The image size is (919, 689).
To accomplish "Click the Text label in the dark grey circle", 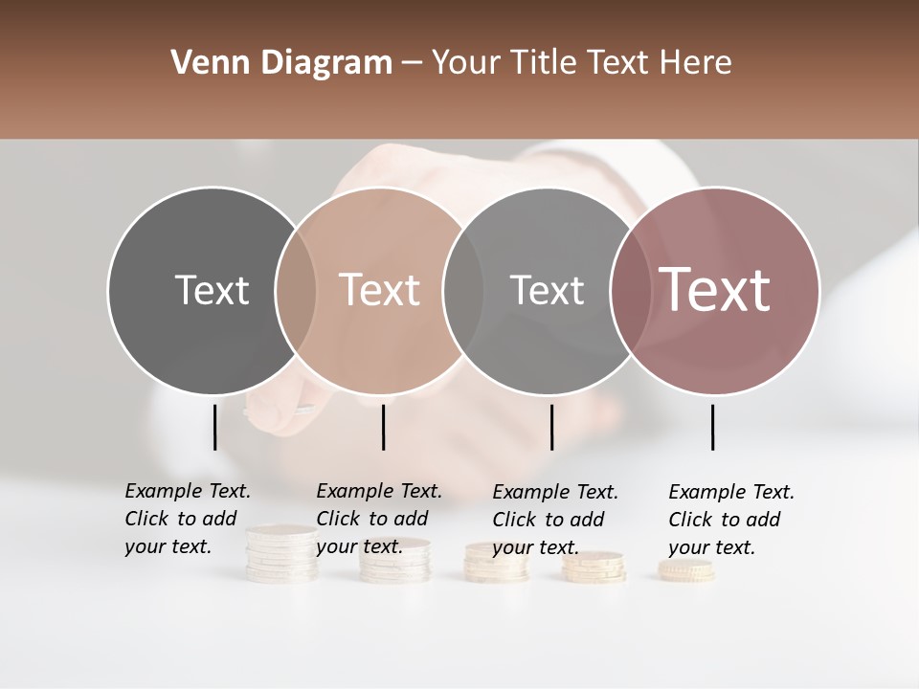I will [x=212, y=290].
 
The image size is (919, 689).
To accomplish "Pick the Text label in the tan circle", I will [x=379, y=290].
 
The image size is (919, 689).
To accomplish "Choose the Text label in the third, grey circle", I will [x=547, y=290].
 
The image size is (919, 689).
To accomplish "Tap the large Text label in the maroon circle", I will [x=715, y=289].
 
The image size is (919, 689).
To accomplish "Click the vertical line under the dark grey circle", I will [x=214, y=427].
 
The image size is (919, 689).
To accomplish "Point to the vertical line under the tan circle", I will [x=383, y=427].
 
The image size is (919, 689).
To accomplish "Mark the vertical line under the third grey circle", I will [x=551, y=427].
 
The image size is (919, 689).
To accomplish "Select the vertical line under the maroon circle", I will [x=712, y=427].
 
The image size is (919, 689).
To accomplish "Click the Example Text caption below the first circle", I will [x=188, y=519].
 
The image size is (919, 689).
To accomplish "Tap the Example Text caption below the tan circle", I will [x=379, y=519].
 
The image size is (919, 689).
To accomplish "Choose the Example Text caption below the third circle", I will [x=555, y=520].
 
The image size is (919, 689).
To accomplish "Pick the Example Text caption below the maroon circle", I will [x=731, y=520].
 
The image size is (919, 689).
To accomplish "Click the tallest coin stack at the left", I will [x=281, y=555].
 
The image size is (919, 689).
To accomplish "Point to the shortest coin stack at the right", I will [x=685, y=571].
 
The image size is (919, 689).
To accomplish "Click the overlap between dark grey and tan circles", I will [x=296, y=290].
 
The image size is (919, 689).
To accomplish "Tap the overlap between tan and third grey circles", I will [x=463, y=290].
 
